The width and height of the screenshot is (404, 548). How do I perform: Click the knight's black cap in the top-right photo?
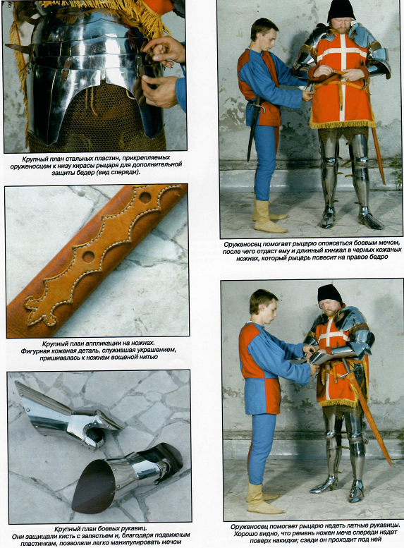[341, 11]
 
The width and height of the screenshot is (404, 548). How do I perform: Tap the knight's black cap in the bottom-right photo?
[329, 295]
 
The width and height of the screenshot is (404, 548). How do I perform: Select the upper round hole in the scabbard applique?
[145, 197]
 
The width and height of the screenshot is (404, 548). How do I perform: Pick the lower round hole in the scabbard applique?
[88, 256]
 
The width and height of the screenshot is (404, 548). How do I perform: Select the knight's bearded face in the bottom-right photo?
[329, 309]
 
